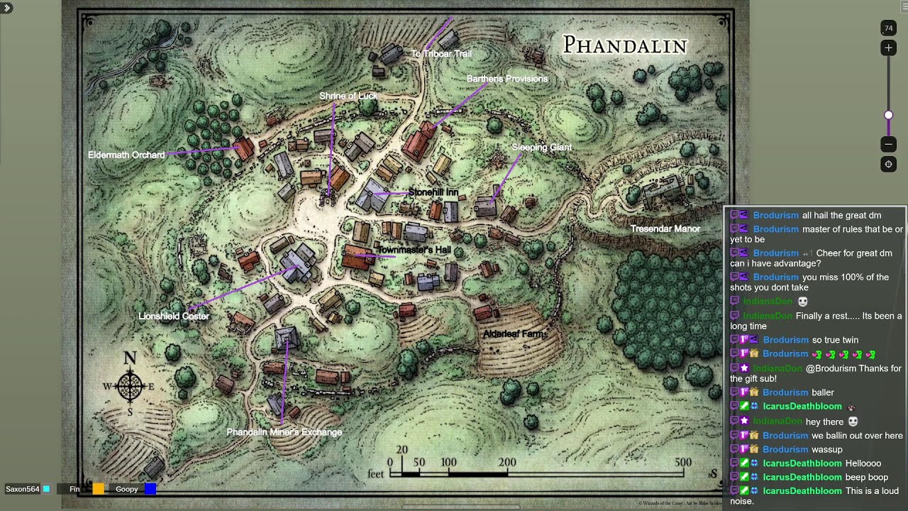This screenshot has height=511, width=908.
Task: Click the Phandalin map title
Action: point(625,45)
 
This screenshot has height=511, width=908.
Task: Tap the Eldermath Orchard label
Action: point(126,155)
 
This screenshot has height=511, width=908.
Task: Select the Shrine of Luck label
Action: point(348,96)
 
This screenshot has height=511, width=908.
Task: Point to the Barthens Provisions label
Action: point(507,79)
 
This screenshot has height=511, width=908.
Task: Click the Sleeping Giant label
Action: point(541,148)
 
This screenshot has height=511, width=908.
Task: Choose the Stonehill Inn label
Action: point(433,192)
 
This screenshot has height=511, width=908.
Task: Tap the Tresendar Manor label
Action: point(665,229)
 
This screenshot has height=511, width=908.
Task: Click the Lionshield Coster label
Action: point(174,316)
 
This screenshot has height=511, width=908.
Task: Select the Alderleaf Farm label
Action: point(515,334)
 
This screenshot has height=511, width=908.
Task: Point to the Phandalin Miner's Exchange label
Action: point(284,432)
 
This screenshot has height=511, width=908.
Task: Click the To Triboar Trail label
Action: point(441,53)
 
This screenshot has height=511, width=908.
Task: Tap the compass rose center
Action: point(130,386)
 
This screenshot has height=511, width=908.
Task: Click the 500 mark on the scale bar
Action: point(683,463)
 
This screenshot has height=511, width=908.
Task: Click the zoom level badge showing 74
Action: point(888,28)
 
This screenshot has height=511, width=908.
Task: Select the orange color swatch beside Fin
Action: point(99,489)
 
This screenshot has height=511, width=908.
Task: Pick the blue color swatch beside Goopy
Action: point(150,489)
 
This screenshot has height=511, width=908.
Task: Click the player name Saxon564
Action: point(23,489)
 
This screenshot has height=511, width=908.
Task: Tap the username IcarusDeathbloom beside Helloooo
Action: point(802,463)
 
